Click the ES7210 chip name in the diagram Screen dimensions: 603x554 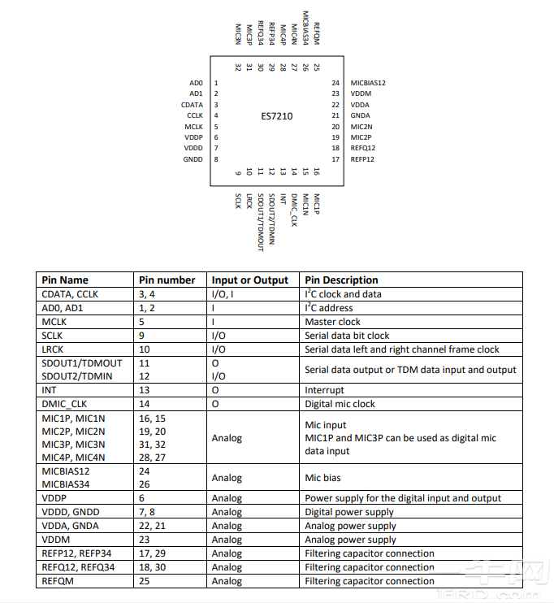pos(276,116)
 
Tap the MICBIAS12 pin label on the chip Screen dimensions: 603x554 pos(368,83)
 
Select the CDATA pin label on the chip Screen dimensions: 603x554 pos(193,105)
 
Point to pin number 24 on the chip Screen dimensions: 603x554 pos(335,83)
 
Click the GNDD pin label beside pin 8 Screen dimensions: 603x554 pos(193,159)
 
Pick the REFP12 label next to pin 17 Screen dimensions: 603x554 pos(362,159)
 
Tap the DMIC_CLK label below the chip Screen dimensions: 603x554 pos(293,210)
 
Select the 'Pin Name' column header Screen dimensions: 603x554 pos(65,280)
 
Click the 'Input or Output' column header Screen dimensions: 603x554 pos(250,280)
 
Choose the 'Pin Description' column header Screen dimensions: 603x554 pos(341,280)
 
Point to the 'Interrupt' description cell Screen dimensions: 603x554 pos(324,390)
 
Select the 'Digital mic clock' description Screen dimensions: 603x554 pos(340,404)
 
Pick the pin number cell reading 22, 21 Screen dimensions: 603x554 pos(153,526)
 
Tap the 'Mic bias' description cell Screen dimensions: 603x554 pos(323,478)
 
